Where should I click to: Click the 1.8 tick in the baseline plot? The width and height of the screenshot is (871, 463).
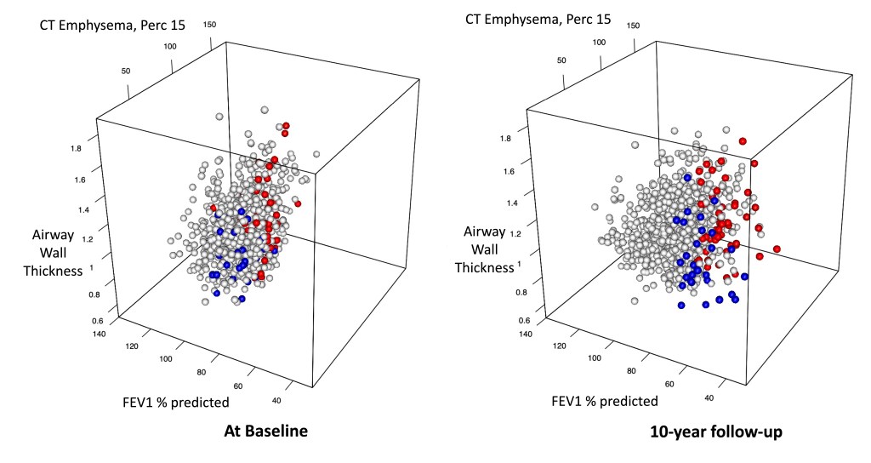point(76,148)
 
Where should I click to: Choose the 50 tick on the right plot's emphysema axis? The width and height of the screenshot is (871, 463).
point(561,60)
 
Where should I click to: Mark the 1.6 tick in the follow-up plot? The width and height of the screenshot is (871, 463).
point(509,171)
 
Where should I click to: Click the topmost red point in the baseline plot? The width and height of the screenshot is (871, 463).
point(286,125)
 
